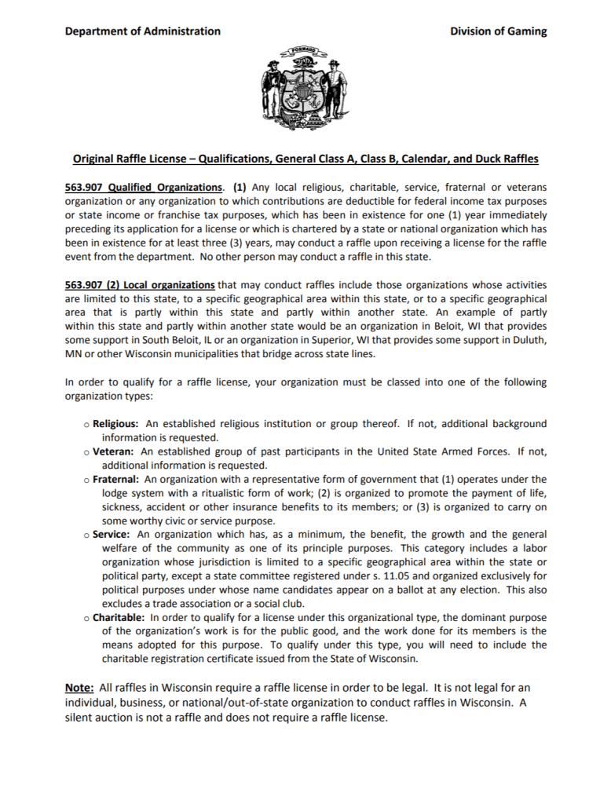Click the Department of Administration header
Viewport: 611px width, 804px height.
click(142, 31)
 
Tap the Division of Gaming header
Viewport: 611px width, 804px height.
click(498, 31)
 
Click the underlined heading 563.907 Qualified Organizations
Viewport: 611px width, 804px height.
click(144, 188)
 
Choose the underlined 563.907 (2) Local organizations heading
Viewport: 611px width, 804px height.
click(140, 284)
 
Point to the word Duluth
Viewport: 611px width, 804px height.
click(529, 339)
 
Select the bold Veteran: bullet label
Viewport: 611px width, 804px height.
click(113, 451)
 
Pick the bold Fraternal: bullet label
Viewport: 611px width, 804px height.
click(115, 479)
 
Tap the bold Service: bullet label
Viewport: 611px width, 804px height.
click(111, 534)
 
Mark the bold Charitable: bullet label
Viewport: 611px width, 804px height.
click(119, 617)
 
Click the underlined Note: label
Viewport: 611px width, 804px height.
click(79, 688)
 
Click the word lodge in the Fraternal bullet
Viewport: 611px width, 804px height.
click(115, 493)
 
